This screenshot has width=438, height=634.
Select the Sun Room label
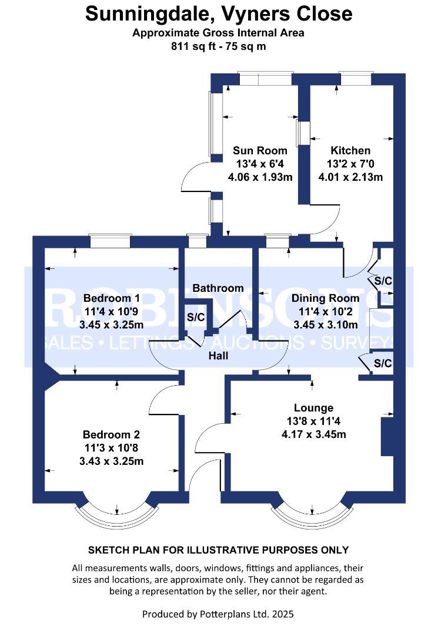pos(260,150)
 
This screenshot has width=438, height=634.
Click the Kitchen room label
pos(350,150)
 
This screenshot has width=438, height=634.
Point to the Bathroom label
pos(218,288)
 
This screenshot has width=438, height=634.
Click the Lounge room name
pos(313,408)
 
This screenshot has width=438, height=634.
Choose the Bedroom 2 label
pos(111,435)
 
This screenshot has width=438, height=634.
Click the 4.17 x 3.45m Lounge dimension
pos(313,435)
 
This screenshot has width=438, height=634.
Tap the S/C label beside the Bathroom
pos(196,318)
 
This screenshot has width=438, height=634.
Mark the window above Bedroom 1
pos(109,241)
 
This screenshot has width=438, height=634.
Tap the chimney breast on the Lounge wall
pos(387,437)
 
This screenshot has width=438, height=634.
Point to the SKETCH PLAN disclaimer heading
pos(218,550)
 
